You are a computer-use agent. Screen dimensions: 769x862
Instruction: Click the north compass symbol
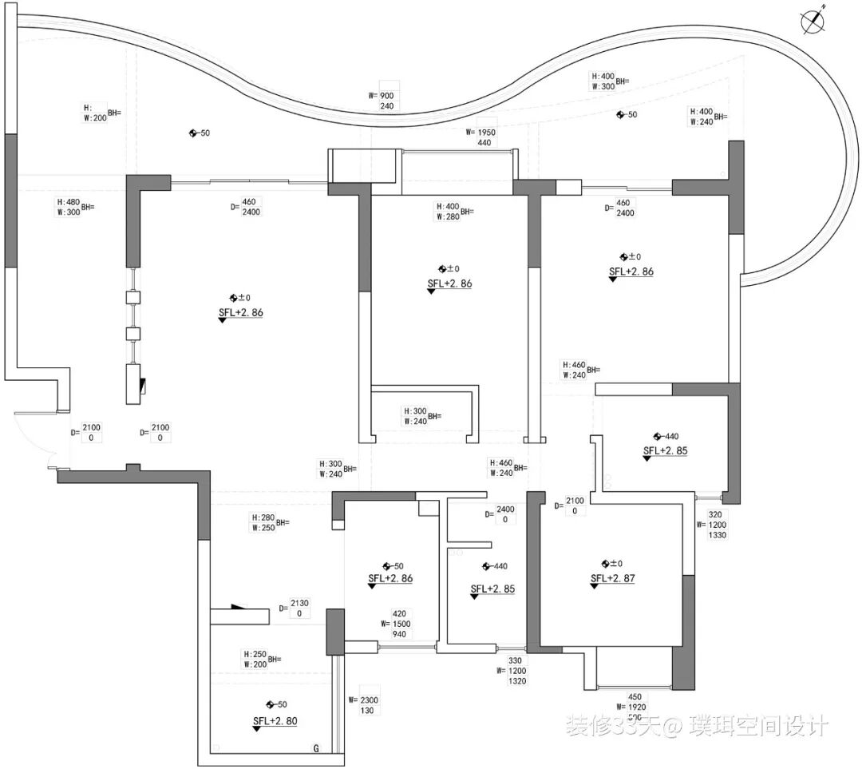pos(813,22)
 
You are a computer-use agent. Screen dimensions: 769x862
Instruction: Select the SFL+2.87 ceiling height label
pos(612,579)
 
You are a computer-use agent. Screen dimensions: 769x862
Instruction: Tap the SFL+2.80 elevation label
pos(275,721)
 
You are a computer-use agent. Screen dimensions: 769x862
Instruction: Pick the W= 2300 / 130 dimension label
pos(365,704)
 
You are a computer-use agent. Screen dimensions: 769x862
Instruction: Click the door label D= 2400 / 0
pos(500,514)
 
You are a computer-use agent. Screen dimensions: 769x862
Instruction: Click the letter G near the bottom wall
pos(316,748)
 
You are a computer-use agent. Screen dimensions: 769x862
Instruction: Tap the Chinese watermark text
pos(697,726)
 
